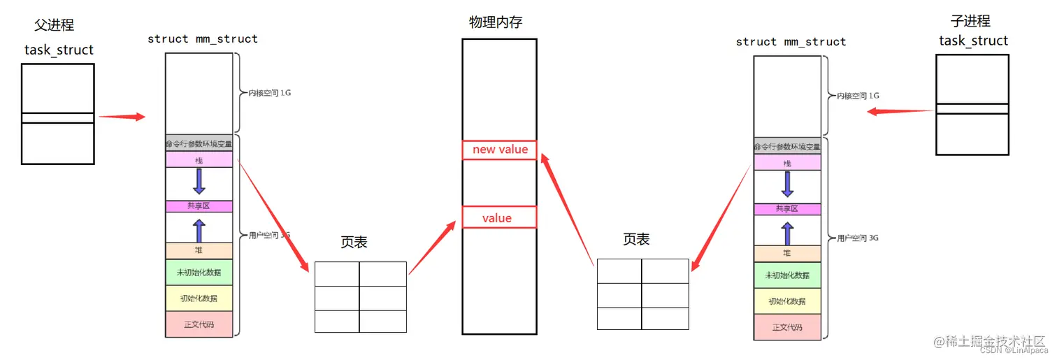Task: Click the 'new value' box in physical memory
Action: pos(499,150)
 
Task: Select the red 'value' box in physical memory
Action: pos(499,217)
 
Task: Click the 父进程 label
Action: pos(55,25)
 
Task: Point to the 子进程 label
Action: pos(971,21)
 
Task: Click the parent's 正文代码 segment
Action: pos(199,324)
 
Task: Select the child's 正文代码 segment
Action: pos(787,327)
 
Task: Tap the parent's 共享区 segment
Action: pos(199,206)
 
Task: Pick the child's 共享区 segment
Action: pos(787,209)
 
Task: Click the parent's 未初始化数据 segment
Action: pos(199,272)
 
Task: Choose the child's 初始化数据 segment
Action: pos(787,301)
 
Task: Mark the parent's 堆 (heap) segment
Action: pos(199,250)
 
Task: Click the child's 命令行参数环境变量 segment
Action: pos(787,147)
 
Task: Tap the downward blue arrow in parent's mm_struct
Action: pos(199,180)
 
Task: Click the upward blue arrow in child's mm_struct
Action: pos(787,233)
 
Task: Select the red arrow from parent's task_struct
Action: pos(122,117)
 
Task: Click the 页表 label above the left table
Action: pos(354,243)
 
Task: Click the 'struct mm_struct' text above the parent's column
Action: pos(203,39)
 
